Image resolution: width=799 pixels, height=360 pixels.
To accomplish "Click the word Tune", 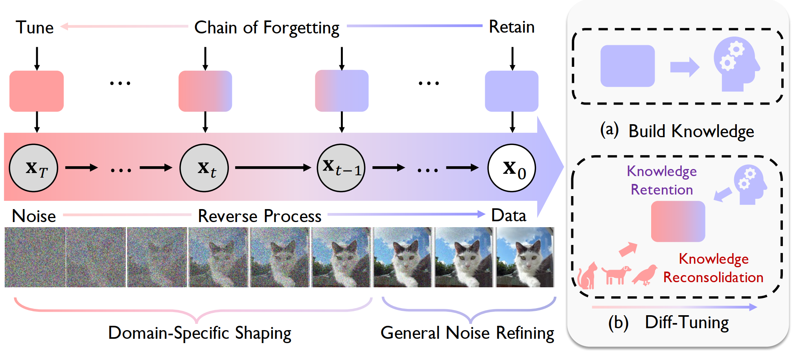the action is tap(35, 28).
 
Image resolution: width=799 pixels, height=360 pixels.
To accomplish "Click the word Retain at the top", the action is tap(512, 27).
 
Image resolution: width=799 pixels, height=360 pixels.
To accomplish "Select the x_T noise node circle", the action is tap(33, 168).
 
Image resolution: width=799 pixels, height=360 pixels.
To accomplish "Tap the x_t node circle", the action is tap(204, 168).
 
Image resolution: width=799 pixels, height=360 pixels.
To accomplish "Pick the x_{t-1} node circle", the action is tap(341, 168).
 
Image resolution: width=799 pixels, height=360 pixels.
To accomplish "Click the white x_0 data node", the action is tap(512, 168).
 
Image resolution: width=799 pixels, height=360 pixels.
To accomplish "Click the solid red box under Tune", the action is tap(37, 91).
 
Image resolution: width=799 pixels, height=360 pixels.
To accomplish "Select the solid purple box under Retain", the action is tap(512, 91).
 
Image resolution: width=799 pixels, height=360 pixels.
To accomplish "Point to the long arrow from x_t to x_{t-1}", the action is tap(273, 168).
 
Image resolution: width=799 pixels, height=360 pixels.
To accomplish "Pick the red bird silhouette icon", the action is tap(645, 274).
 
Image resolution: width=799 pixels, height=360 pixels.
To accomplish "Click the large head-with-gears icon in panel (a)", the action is tap(736, 64).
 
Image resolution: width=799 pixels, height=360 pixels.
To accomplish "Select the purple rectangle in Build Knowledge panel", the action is tap(628, 66).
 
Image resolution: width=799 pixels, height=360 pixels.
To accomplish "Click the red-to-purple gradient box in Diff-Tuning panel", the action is tap(678, 221).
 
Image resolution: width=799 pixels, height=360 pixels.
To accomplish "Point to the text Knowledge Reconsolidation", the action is tap(713, 268).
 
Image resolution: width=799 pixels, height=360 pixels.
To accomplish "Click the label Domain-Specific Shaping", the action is tap(200, 333).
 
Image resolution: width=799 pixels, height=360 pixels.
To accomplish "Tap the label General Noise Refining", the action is tap(468, 333).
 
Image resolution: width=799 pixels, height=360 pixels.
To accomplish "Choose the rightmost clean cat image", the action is tap(525, 257).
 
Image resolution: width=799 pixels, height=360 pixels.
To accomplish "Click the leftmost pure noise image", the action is tap(35, 257).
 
